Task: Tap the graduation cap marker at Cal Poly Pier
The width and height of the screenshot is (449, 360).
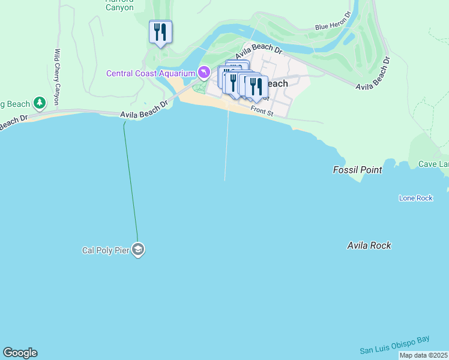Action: (x=138, y=250)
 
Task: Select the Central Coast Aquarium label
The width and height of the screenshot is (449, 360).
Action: (x=151, y=73)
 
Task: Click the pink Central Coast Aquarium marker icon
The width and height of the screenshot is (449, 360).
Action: (x=204, y=73)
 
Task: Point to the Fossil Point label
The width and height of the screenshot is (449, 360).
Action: (x=357, y=170)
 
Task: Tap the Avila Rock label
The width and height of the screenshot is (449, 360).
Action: (x=369, y=245)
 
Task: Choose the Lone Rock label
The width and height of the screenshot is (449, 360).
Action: (x=415, y=198)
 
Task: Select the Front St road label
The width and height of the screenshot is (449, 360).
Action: (x=262, y=110)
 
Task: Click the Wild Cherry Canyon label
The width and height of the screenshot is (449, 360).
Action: (x=58, y=77)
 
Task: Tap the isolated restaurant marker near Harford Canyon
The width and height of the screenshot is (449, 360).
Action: (x=160, y=32)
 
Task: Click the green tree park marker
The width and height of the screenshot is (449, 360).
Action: (x=40, y=104)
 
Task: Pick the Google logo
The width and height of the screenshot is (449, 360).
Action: (x=20, y=353)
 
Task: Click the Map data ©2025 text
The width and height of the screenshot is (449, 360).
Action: (x=423, y=355)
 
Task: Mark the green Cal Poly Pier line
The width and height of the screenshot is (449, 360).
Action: (x=130, y=180)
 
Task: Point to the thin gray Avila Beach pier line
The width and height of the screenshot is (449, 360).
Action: (x=226, y=144)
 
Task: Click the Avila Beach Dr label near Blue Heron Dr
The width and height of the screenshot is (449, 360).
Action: (x=258, y=52)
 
